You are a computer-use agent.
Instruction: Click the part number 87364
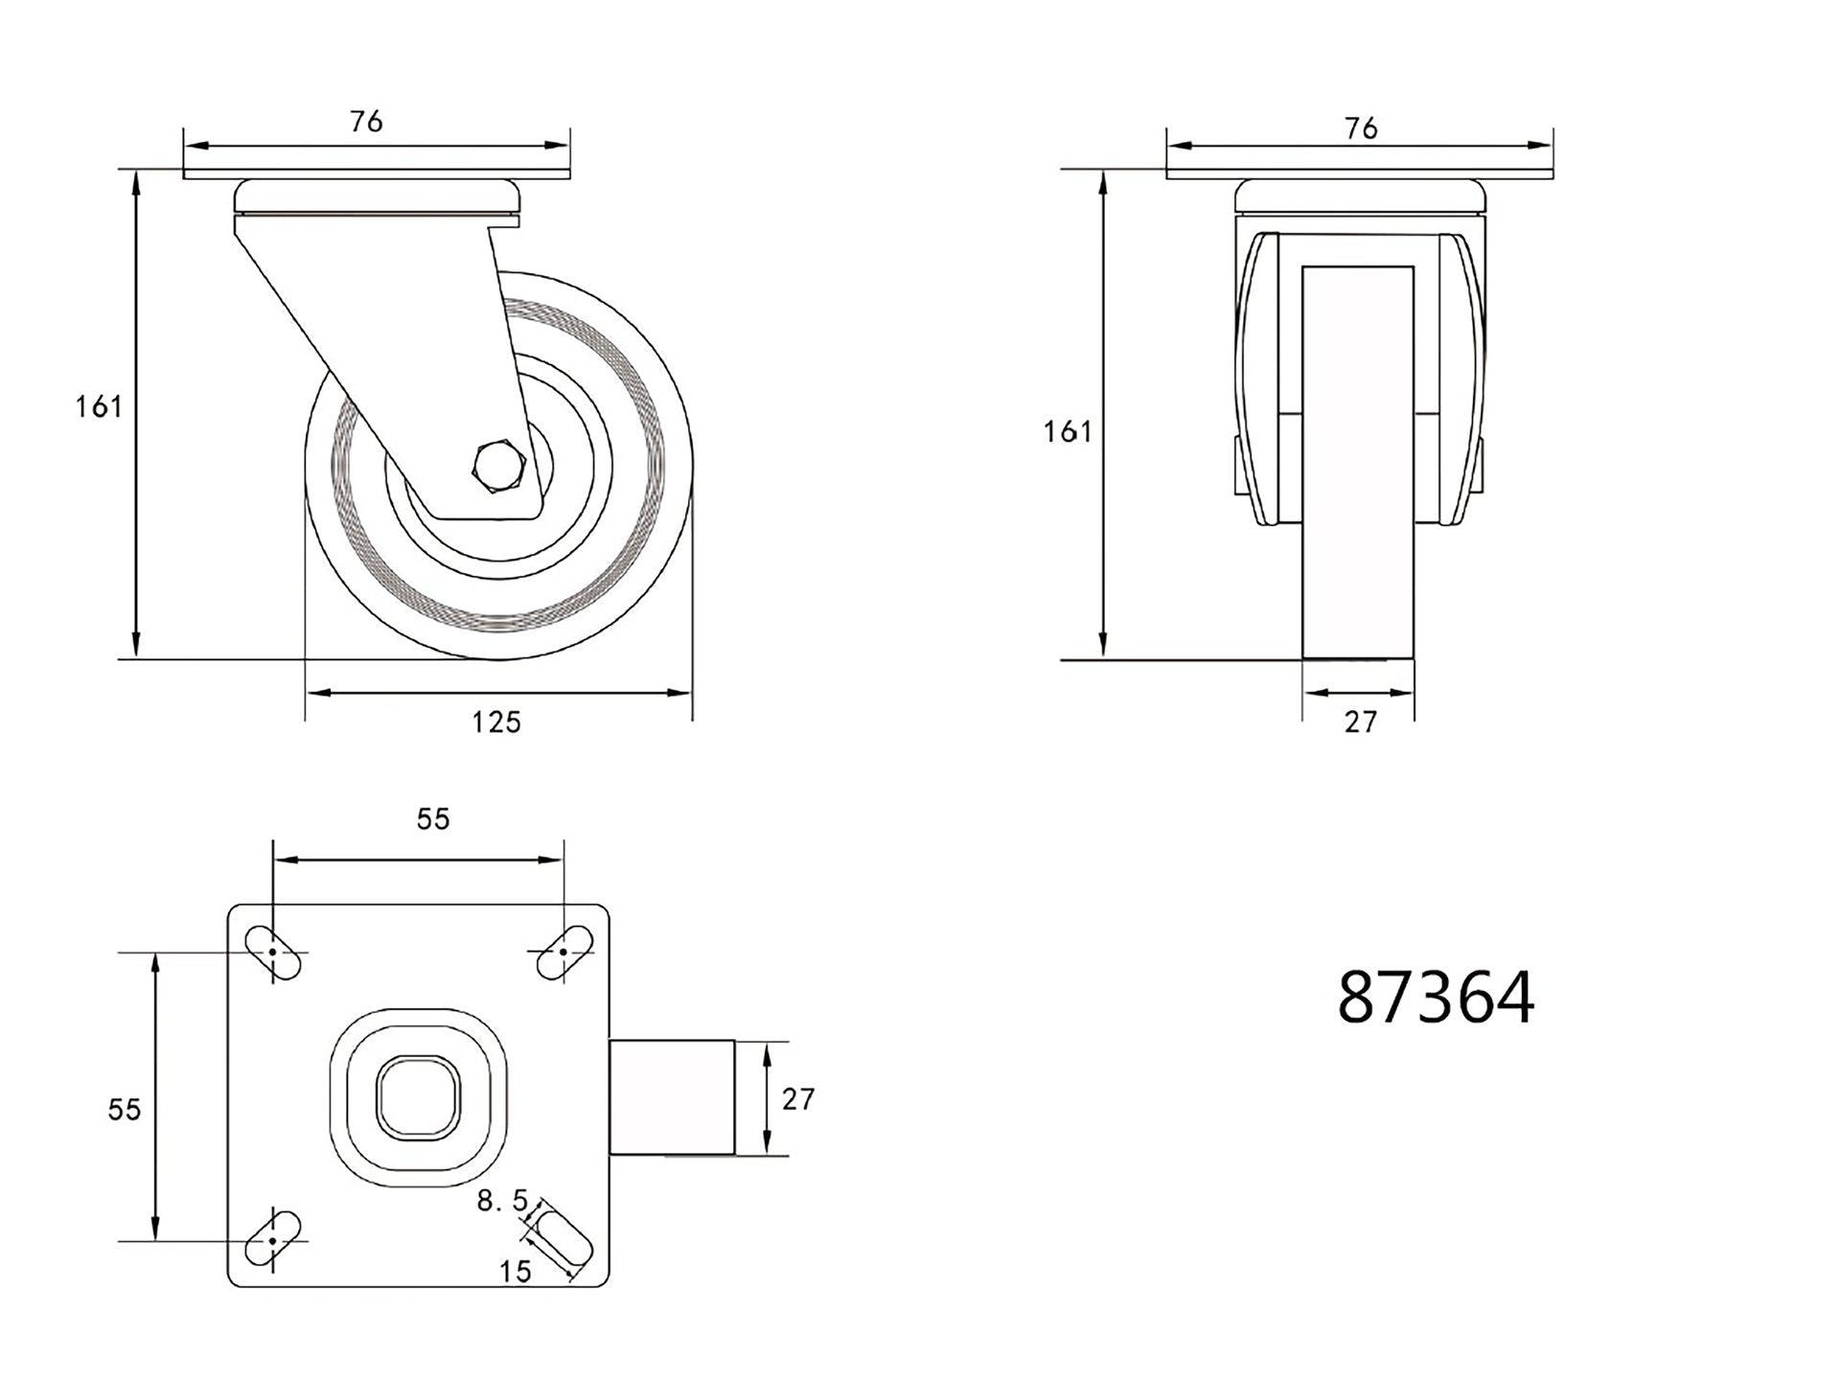(x=1435, y=998)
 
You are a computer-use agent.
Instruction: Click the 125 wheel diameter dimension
(x=495, y=722)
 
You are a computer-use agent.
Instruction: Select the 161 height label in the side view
(x=99, y=407)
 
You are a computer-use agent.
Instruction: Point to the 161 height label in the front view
(x=1067, y=432)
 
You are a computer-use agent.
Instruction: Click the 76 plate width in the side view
(x=366, y=122)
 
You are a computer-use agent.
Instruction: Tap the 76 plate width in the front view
(x=1360, y=128)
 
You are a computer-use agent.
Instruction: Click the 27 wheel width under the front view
(x=1359, y=722)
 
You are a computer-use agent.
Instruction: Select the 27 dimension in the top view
(x=797, y=1099)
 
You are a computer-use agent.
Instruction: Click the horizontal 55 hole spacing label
(x=432, y=818)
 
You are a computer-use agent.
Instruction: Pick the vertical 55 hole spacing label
(x=124, y=1109)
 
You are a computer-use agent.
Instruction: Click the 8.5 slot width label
(x=502, y=1201)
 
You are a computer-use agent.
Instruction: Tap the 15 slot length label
(x=515, y=1272)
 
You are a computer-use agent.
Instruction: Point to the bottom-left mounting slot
(x=273, y=1239)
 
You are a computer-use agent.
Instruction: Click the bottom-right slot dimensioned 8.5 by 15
(x=563, y=1239)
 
